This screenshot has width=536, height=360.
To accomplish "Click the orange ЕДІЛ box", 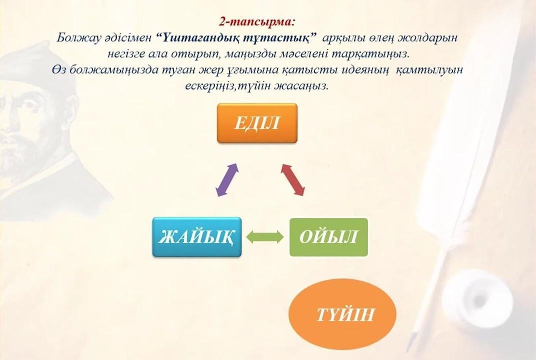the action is [x=257, y=123].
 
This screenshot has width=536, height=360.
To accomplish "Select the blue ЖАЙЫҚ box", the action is [x=197, y=237].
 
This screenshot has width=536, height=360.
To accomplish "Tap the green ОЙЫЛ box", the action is [x=328, y=237].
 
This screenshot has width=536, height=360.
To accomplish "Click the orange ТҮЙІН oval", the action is [x=342, y=314].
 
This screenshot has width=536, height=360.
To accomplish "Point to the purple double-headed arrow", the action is [x=227, y=180].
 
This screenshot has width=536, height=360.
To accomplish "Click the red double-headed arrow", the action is [x=292, y=179].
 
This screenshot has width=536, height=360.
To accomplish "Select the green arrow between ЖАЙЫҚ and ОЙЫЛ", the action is [x=265, y=237].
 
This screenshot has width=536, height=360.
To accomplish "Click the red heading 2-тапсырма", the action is [x=256, y=22].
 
